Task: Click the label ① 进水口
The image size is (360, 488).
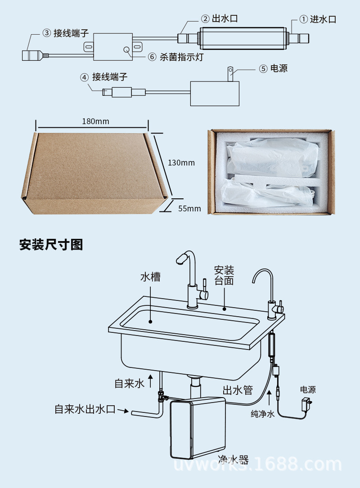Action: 318,19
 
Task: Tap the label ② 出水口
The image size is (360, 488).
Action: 219,19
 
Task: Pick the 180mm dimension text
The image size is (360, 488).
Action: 95,121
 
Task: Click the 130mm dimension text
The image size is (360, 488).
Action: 181,162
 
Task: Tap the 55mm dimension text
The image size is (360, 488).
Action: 189,208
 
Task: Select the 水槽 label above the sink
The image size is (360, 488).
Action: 150,277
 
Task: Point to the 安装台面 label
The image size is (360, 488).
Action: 224,275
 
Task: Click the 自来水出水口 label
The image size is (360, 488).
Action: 85,409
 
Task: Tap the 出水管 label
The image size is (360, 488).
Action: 238,390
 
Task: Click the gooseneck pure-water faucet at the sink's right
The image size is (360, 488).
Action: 269,292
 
